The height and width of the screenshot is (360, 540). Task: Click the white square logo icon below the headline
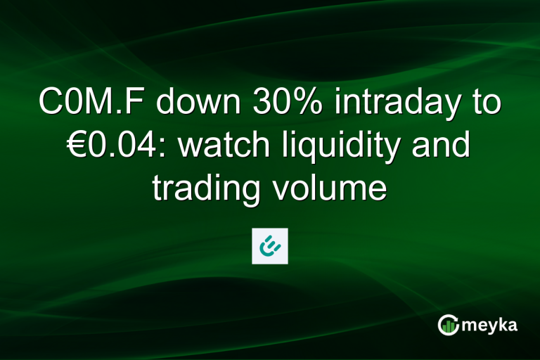[x=270, y=245]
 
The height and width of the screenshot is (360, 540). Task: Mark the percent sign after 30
[x=311, y=104]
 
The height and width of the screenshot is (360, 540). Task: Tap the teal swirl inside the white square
[x=270, y=245]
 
